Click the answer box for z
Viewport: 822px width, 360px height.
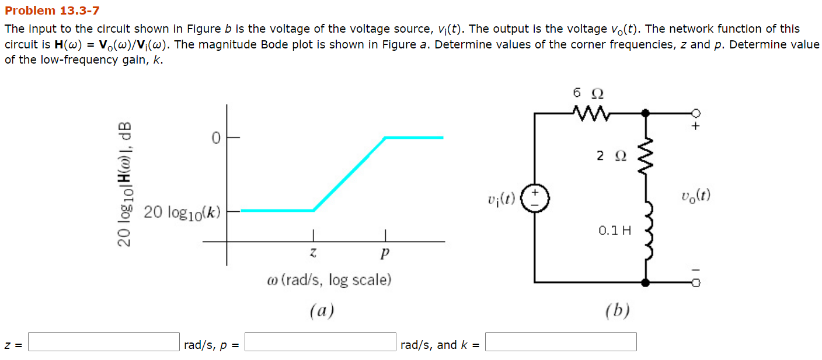pyautogui.click(x=104, y=341)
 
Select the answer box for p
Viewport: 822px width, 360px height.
pyautogui.click(x=321, y=341)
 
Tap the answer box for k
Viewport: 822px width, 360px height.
pyautogui.click(x=560, y=341)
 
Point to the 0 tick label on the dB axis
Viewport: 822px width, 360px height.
pyautogui.click(x=215, y=138)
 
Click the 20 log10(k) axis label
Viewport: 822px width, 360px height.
pyautogui.click(x=182, y=212)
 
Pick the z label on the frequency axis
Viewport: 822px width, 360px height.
pyautogui.click(x=314, y=253)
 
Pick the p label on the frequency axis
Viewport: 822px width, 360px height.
pyautogui.click(x=384, y=254)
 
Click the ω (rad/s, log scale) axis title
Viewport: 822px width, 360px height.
pyautogui.click(x=329, y=280)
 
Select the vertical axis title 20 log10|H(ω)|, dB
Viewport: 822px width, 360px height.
pyautogui.click(x=126, y=184)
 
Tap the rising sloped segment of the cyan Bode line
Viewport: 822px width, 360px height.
pyautogui.click(x=349, y=174)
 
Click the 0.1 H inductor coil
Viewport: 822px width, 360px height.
pyautogui.click(x=646, y=230)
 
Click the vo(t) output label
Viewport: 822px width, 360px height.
pyautogui.click(x=695, y=195)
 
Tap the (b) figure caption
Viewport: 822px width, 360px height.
pyautogui.click(x=618, y=310)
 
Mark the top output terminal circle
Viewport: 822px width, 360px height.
pyautogui.click(x=695, y=113)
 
